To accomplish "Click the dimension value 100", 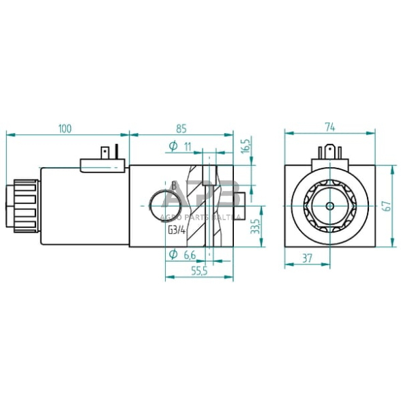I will click(65, 128).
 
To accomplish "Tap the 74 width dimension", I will click(329, 127).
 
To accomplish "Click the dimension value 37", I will click(307, 258).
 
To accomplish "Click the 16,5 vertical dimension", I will click(246, 145).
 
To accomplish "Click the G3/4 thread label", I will click(177, 229).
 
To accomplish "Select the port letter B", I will click(173, 185).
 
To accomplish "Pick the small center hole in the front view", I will click(329, 205).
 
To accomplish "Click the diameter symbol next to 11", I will click(173, 146).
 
